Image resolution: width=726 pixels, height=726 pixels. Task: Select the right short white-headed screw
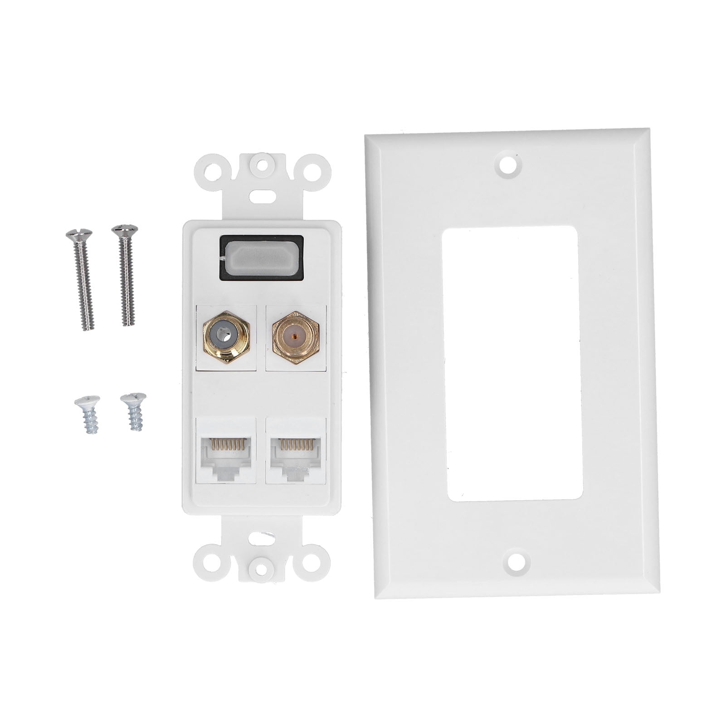pyautogui.click(x=134, y=410)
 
